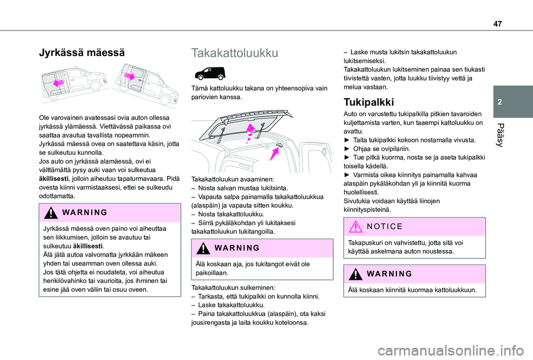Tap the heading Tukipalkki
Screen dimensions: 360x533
pyautogui.click(x=369, y=102)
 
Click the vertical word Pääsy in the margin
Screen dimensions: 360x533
pyautogui.click(x=512, y=135)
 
